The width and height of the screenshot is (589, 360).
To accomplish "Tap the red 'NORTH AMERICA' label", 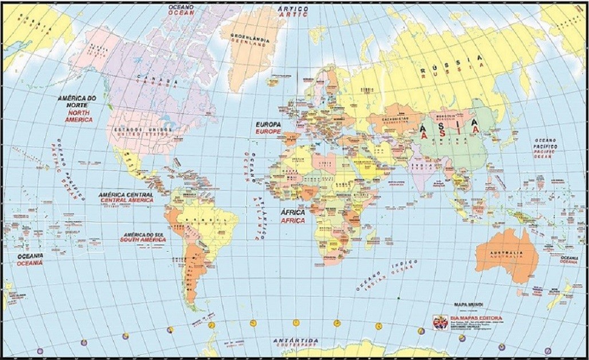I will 79,116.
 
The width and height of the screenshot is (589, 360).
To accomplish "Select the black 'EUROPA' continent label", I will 268,124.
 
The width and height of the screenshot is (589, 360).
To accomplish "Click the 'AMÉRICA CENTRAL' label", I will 126,195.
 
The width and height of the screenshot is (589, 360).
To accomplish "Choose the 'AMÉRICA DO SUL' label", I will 143,235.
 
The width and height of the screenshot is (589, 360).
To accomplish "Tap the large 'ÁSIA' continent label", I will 449,125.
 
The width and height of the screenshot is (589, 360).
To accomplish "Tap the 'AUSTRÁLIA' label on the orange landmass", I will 506,253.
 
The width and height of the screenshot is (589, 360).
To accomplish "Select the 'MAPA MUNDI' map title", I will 469,304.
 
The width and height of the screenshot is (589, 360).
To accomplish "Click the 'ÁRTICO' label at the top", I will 293,9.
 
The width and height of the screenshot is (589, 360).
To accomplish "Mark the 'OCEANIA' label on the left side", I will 29,256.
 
